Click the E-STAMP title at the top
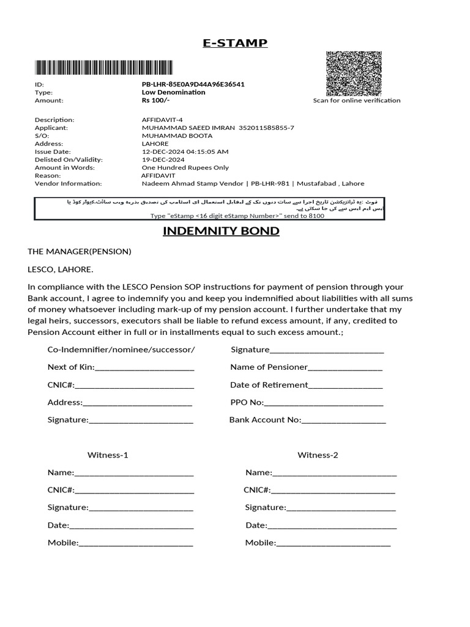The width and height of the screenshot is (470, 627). pyautogui.click(x=235, y=43)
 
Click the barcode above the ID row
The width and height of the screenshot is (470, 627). pyautogui.click(x=103, y=67)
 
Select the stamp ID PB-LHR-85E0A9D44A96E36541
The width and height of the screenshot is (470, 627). pyautogui.click(x=193, y=84)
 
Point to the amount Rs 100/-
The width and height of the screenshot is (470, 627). pyautogui.click(x=155, y=100)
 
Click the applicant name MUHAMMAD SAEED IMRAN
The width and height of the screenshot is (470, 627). pyautogui.click(x=188, y=128)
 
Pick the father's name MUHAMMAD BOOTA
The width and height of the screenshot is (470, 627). pyautogui.click(x=177, y=136)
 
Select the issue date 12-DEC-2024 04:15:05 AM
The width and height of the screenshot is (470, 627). pyautogui.click(x=185, y=152)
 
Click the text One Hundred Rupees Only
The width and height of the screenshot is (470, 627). pyautogui.click(x=185, y=168)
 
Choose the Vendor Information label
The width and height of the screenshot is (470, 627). pyautogui.click(x=68, y=184)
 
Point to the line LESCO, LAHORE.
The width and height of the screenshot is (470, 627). pyautogui.click(x=61, y=269)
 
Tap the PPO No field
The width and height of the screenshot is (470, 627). pyautogui.click(x=323, y=403)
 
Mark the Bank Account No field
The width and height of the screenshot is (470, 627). pyautogui.click(x=343, y=420)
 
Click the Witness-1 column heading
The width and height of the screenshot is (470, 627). pyautogui.click(x=108, y=456)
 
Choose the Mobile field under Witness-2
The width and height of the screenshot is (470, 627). pyautogui.click(x=333, y=543)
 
